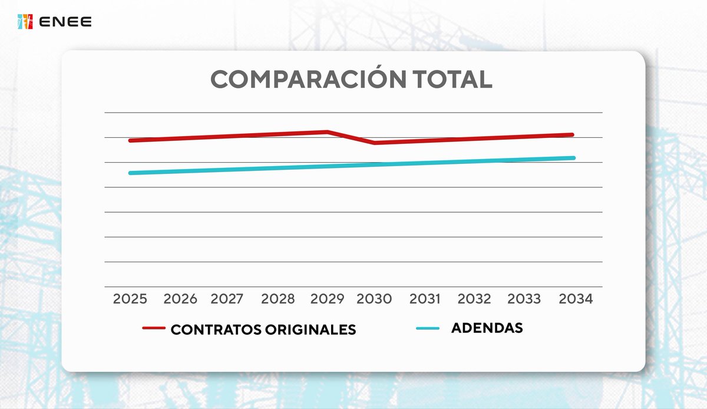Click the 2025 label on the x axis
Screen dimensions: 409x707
click(x=130, y=299)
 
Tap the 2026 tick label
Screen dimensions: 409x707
click(x=180, y=299)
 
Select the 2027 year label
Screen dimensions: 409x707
click(x=227, y=299)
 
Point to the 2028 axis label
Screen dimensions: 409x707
click(x=277, y=299)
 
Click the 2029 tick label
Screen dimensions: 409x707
click(x=327, y=299)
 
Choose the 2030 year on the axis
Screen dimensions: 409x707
click(x=374, y=299)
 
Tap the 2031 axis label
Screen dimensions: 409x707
click(x=425, y=299)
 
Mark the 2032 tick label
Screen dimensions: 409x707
click(x=474, y=299)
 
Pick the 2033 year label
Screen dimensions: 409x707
click(x=524, y=299)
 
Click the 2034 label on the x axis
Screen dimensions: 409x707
click(x=575, y=299)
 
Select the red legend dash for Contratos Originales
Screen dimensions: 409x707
click(x=154, y=328)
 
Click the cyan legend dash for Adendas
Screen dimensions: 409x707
click(x=428, y=328)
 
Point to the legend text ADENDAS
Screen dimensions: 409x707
click(x=487, y=328)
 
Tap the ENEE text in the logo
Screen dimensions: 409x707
click(x=65, y=22)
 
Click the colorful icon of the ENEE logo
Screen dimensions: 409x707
click(x=25, y=22)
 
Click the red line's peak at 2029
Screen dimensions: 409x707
click(x=328, y=131)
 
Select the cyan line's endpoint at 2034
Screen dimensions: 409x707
click(x=573, y=157)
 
